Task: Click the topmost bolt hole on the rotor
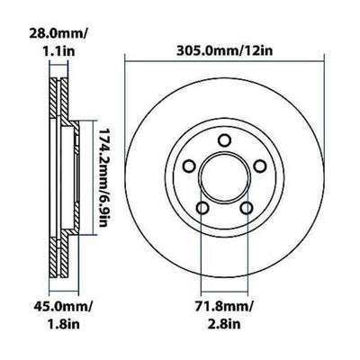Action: point(221,138)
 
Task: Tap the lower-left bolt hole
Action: point(202,207)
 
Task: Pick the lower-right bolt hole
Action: point(242,207)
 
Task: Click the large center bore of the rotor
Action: point(221,177)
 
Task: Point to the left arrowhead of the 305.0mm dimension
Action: point(126,64)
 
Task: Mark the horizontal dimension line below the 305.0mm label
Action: point(221,64)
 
